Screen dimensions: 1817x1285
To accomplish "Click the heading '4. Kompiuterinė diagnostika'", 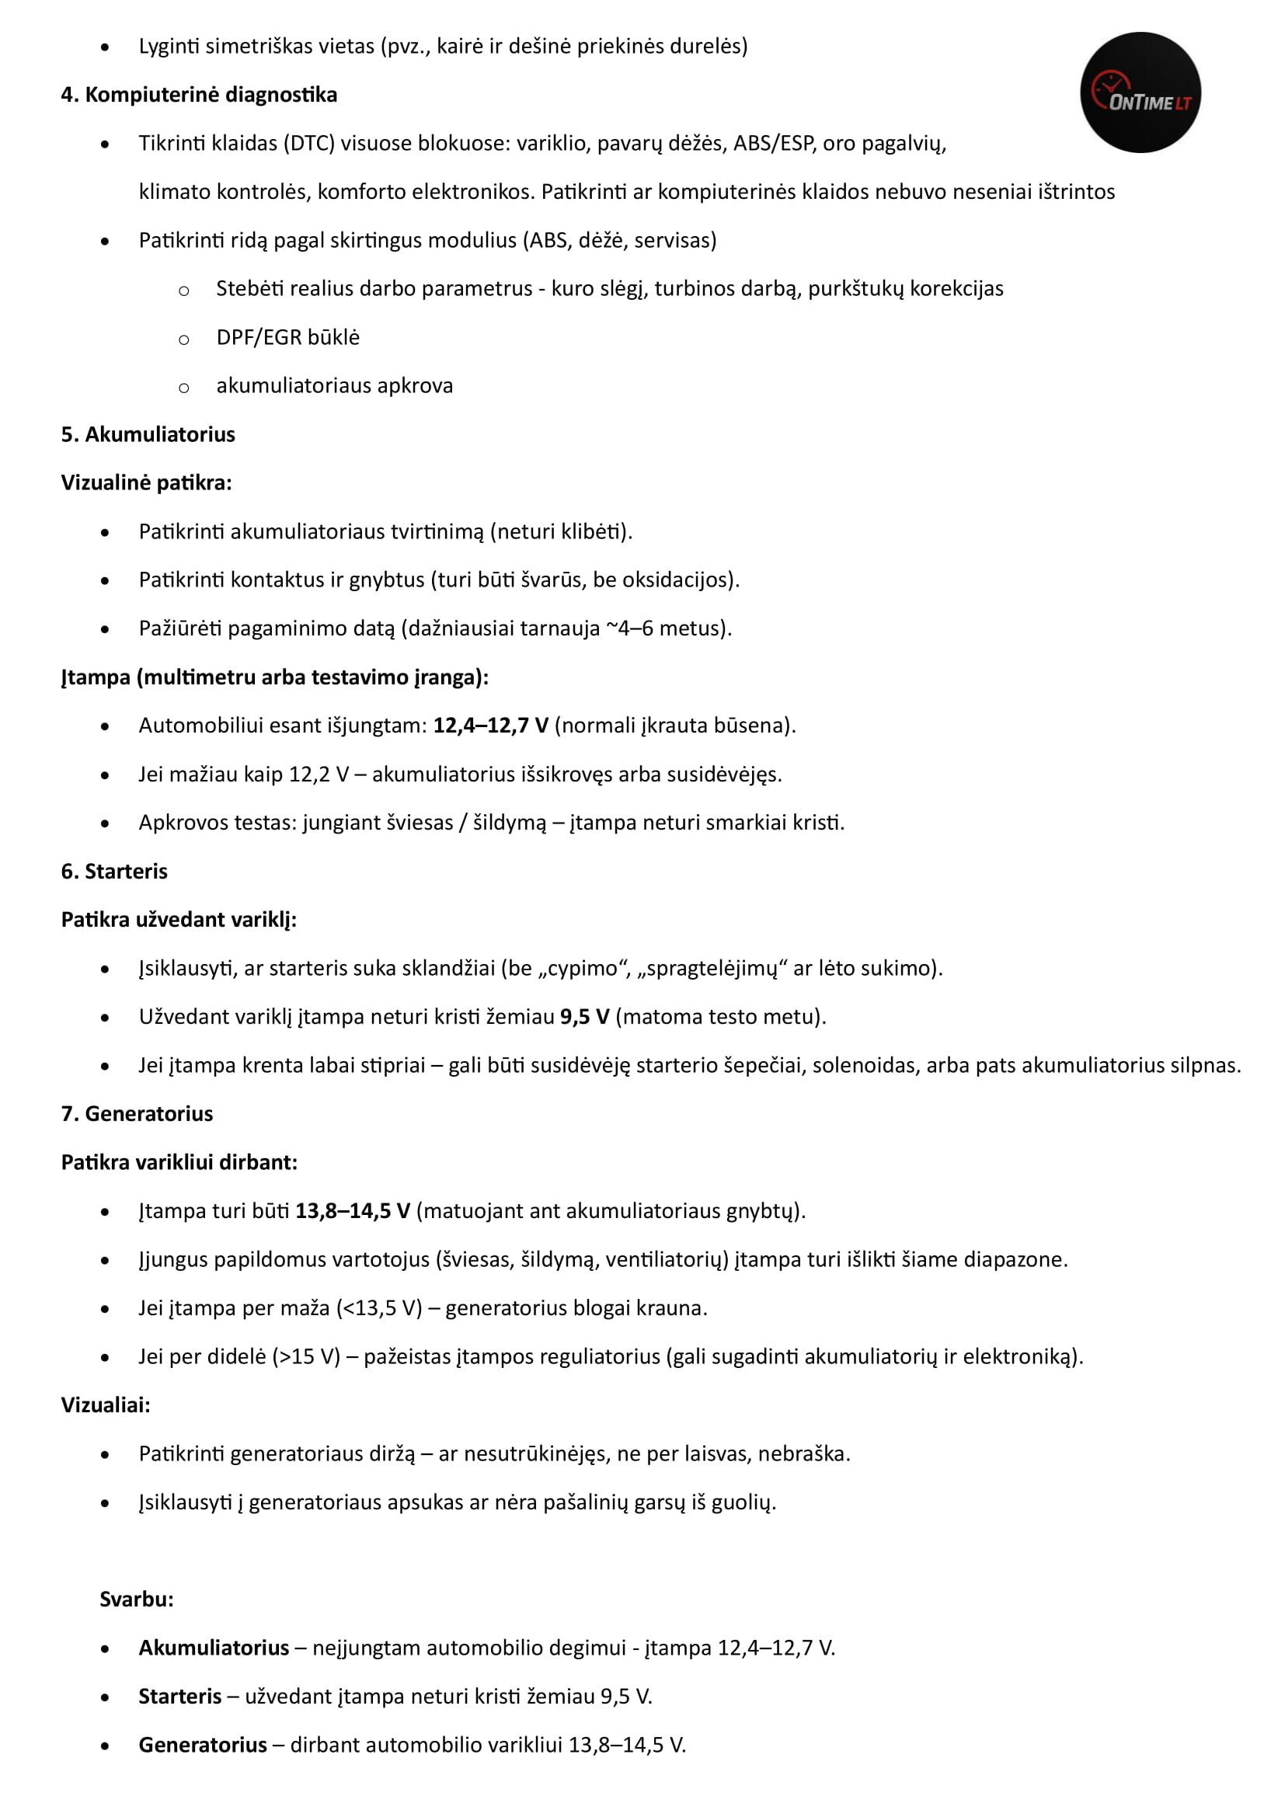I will coord(199,95).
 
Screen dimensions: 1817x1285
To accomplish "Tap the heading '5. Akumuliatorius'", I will coord(148,434).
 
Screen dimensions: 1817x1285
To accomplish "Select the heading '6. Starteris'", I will coord(114,872).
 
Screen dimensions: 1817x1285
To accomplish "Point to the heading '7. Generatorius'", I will coord(137,1113).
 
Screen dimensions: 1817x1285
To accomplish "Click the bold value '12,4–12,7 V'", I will coord(490,726).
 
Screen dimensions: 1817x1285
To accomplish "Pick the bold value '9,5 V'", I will coord(585,1017).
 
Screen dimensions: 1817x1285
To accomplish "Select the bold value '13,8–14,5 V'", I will coord(353,1211).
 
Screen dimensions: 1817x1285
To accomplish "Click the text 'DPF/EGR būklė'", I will coord(288,338).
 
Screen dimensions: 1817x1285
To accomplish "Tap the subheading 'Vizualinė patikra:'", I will coord(146,482).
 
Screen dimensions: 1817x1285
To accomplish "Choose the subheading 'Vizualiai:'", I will coord(105,1405).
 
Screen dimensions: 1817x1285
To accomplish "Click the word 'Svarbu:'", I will coord(137,1599).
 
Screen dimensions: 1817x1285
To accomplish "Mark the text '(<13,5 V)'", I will coord(379,1308).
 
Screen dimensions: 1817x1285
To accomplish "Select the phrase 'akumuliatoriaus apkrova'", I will coord(335,386).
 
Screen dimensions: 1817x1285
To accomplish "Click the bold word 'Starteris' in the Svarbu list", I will coord(179,1697).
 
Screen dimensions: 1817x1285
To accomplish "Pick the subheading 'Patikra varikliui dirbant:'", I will coord(179,1163).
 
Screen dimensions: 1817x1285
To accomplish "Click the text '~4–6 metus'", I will coord(665,628).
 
